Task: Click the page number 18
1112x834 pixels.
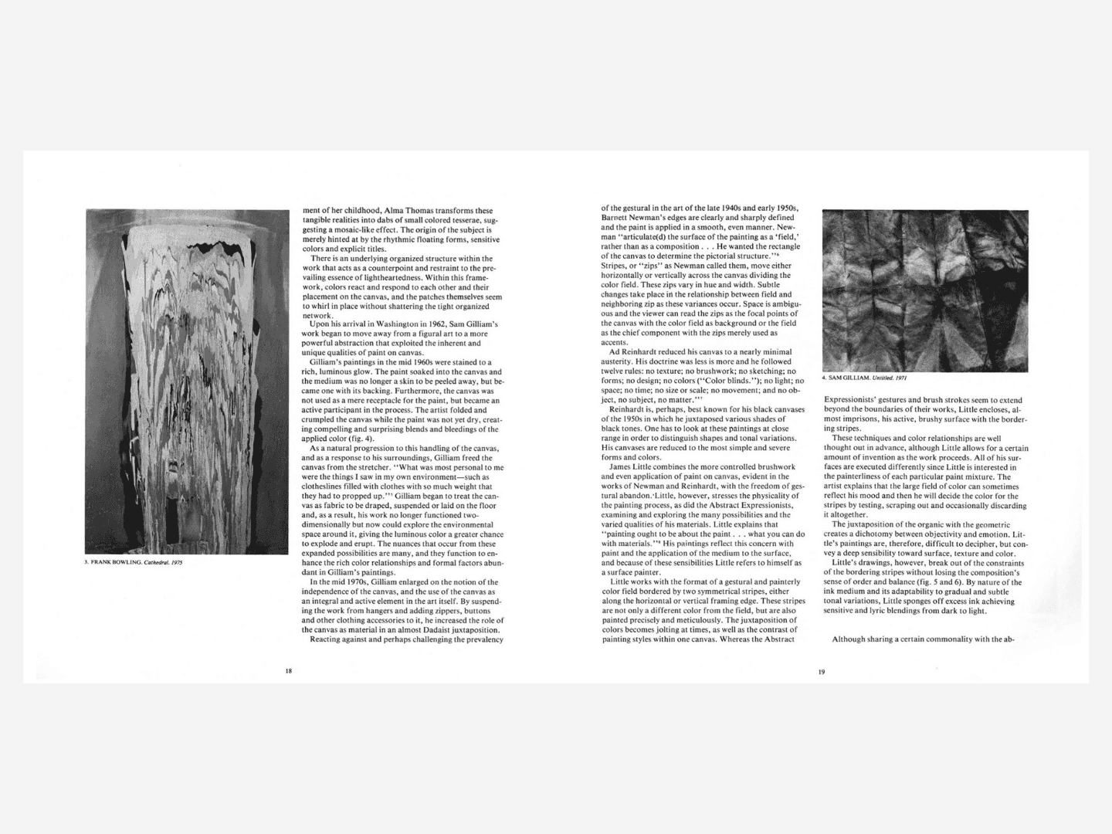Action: point(289,671)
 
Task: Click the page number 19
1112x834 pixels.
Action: point(822,672)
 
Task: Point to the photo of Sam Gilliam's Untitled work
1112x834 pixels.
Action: point(924,290)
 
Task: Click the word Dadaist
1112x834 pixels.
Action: point(430,629)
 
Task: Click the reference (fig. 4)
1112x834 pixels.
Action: point(359,439)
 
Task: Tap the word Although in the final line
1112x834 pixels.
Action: point(849,639)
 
